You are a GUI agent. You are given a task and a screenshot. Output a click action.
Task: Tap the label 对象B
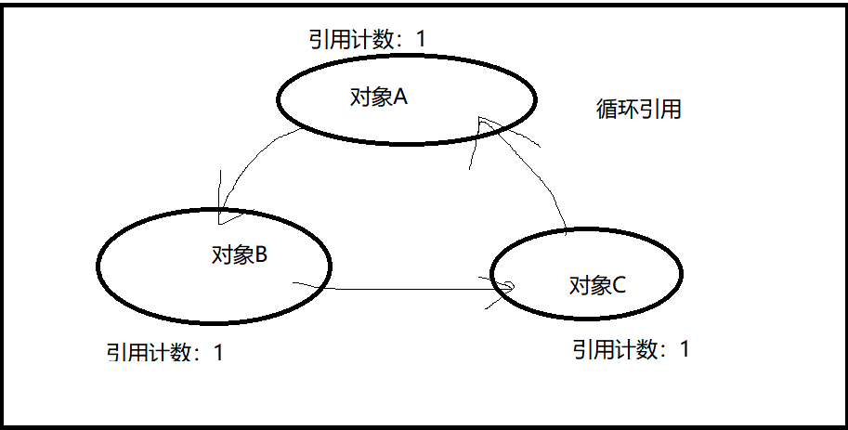pos(240,254)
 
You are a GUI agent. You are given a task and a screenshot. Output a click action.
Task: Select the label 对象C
pos(597,284)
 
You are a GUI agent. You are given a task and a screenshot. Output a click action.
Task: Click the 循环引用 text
pos(638,109)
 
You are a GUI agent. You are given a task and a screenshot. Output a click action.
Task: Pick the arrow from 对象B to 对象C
pos(399,289)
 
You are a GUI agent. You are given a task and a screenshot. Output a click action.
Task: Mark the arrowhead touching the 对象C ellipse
pos(500,283)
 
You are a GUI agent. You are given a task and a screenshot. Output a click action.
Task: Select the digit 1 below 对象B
pos(218,353)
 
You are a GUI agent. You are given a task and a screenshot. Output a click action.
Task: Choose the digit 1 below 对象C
pos(685,349)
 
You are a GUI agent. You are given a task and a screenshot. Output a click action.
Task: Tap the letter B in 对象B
pos(261,254)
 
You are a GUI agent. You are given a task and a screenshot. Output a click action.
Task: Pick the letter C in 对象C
pos(619,284)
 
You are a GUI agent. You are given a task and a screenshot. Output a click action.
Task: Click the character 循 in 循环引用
pos(606,109)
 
